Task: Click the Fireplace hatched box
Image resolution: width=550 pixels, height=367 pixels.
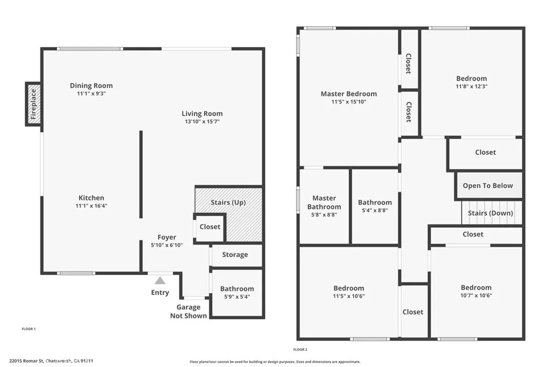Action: pos(34,104)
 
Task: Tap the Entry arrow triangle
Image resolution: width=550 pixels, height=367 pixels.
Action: pos(160,280)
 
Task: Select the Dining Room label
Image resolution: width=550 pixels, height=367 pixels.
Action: pos(91,85)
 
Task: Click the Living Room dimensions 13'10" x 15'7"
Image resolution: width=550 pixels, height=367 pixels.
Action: pos(202,122)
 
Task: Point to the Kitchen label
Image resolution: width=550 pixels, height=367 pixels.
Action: pos(91,198)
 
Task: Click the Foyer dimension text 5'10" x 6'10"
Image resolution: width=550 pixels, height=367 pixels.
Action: pos(167,245)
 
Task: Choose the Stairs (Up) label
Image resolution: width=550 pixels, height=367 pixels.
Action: pos(228,203)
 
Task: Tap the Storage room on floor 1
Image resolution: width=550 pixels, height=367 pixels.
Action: pos(236,255)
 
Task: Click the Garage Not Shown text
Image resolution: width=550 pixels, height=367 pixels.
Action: pos(189,312)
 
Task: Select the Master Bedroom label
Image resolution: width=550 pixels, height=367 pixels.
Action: pos(349,94)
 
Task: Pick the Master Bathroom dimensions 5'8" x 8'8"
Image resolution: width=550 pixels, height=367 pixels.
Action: pos(324,215)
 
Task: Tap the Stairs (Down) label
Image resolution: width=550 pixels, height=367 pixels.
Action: pos(490,213)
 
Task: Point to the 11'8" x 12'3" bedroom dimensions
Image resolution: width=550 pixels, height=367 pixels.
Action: pos(472,87)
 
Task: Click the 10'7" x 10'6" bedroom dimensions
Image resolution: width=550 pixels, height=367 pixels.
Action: pos(476,296)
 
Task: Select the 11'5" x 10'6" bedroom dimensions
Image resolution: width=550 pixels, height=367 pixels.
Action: pos(349,296)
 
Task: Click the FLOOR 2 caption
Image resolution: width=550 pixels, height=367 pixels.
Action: pos(300,349)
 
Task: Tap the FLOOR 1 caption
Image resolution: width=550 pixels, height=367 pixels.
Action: pos(28,329)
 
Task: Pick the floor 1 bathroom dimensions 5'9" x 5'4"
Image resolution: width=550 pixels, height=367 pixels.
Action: pos(237,297)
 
